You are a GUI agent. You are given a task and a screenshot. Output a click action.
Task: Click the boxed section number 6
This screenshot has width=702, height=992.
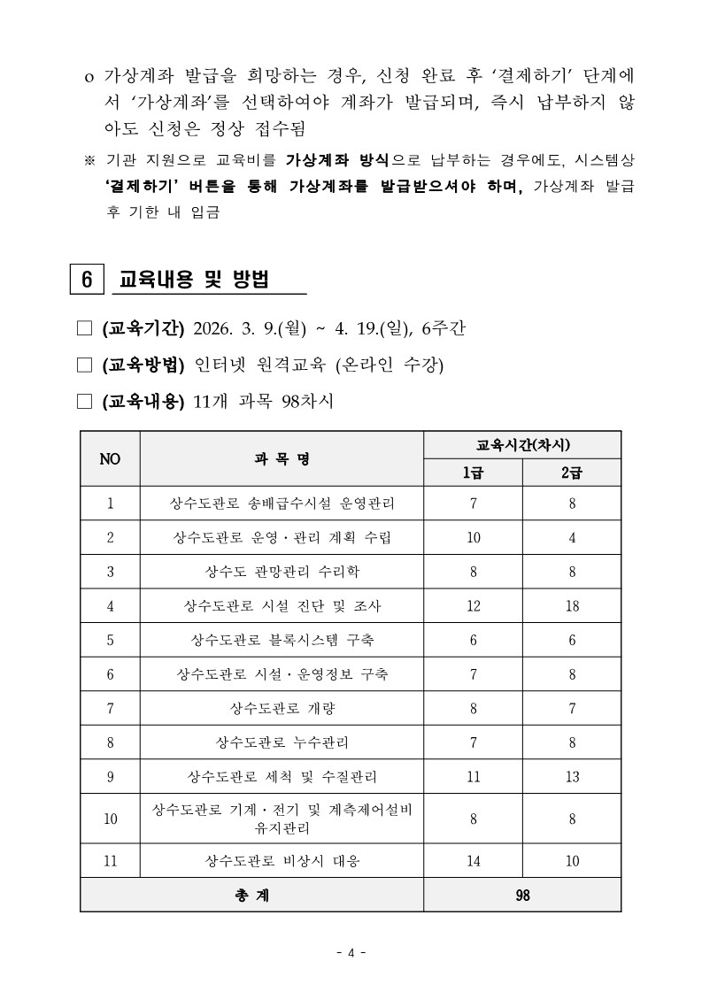pos(87,278)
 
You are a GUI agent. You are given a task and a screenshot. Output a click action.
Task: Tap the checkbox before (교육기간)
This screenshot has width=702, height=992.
pos(85,330)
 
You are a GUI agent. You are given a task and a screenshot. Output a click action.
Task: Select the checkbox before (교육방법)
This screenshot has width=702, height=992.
pos(85,365)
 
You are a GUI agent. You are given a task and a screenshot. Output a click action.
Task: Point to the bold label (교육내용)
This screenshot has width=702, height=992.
pos(143,401)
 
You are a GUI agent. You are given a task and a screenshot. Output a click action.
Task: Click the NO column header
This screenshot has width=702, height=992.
pos(110,458)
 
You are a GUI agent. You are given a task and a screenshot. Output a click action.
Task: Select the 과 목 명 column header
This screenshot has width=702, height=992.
pos(282,458)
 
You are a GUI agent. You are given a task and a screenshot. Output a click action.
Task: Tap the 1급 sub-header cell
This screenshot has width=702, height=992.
pos(473,472)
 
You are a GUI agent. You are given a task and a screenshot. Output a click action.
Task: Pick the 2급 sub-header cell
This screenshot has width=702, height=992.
pos(572,472)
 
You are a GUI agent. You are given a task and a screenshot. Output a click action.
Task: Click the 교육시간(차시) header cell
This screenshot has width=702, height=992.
pos(522,444)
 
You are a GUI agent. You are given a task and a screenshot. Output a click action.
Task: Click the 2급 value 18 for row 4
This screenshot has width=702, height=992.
pos(572,605)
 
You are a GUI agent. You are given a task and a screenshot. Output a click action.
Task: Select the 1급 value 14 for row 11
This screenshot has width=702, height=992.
pos(473,859)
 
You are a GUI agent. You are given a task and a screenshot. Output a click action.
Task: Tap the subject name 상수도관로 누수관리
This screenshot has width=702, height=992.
pos(282,742)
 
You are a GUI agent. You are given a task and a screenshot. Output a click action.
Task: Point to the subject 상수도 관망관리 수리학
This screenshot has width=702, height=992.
pos(282,572)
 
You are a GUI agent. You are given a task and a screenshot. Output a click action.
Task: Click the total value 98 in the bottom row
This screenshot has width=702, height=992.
pos(522,895)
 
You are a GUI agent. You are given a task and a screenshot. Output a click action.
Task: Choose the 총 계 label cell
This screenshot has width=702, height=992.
pos(251,895)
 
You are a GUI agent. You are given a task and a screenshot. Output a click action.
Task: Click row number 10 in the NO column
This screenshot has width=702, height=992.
pos(110,819)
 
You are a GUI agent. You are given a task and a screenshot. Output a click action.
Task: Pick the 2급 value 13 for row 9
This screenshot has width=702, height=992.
pos(572,777)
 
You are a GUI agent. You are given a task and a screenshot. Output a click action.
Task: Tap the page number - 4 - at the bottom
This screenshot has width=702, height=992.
pos(351,952)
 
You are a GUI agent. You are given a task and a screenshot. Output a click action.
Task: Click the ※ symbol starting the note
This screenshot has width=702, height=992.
pos(89,161)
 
